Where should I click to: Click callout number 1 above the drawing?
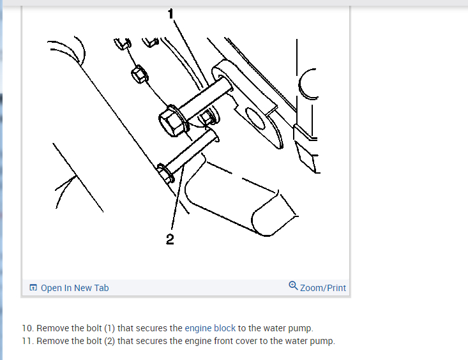(170, 14)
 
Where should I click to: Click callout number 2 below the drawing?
(170, 239)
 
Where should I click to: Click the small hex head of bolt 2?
(165, 172)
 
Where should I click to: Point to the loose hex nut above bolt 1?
(139, 75)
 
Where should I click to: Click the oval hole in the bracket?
(255, 118)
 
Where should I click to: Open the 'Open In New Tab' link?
(75, 288)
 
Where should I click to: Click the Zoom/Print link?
(323, 288)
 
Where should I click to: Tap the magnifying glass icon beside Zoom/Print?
(293, 286)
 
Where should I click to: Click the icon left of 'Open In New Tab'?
(33, 287)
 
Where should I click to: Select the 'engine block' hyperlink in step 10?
(210, 328)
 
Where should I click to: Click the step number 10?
(27, 328)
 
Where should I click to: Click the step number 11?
(27, 341)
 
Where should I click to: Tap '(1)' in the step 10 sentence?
(110, 328)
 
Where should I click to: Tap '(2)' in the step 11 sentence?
(110, 341)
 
